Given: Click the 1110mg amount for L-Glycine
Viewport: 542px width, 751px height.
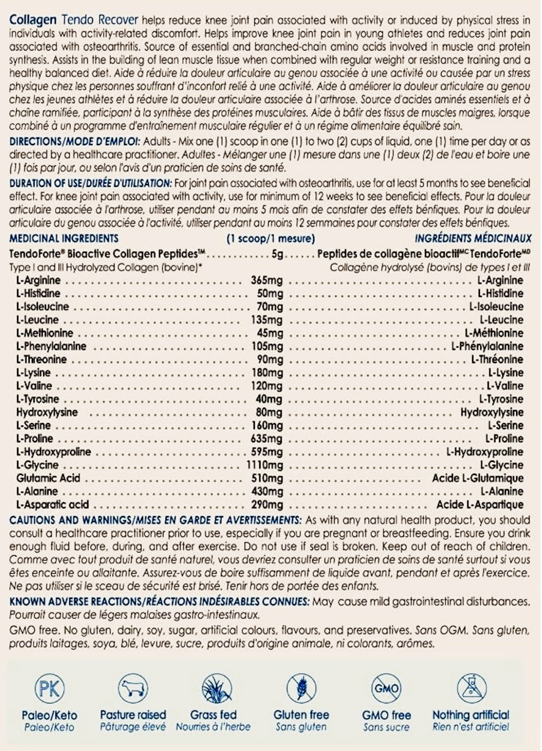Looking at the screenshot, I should pos(265,465).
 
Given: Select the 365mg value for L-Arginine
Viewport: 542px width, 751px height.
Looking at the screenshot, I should pos(266,280).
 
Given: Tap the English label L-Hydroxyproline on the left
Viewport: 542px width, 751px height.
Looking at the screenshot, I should pos(54,452).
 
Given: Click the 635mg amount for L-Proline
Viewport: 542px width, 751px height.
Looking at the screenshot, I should pos(266,439).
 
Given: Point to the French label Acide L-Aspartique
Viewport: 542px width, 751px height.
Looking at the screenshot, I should pos(480,505).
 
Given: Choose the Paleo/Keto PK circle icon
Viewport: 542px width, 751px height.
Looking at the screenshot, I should pos(49,689).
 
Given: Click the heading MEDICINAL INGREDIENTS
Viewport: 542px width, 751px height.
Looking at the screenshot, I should pos(64,239).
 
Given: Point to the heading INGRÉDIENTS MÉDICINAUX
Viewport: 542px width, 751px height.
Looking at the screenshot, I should pos(473,239).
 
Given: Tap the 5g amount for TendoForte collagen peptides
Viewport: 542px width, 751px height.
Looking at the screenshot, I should pos(277,253).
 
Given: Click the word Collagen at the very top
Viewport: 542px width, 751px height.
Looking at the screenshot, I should pos(33,20).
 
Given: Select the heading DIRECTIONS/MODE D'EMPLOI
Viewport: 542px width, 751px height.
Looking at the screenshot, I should pos(75,141).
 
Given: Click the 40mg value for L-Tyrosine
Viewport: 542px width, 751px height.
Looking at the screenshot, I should pos(269,399).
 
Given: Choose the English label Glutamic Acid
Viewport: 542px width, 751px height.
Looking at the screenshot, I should pos(48,478).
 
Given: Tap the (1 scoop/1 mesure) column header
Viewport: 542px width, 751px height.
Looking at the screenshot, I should pos(271,239).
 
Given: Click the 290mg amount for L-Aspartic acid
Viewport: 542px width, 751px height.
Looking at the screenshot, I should pos(267,505).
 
